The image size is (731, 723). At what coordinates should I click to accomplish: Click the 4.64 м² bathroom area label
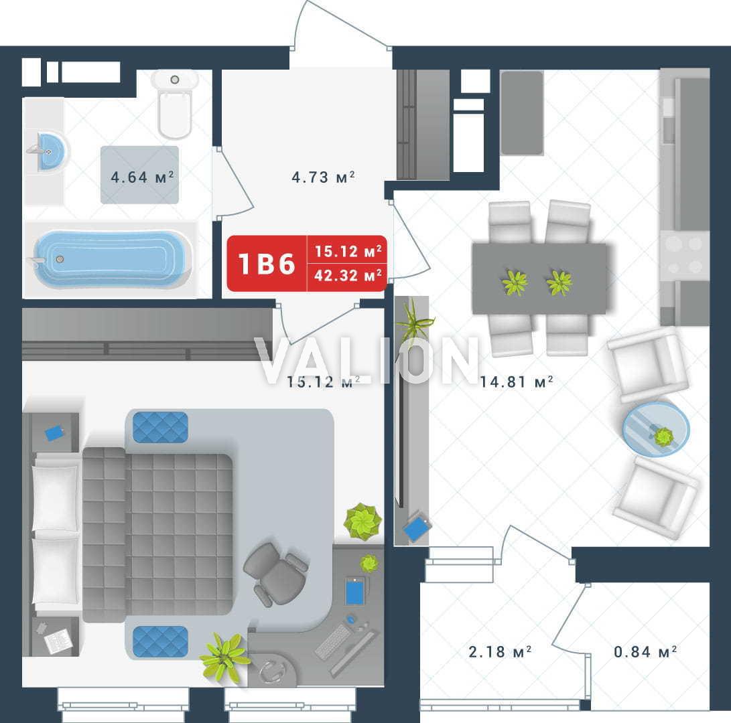[x=142, y=177]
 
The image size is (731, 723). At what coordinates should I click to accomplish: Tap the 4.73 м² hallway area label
[x=323, y=177]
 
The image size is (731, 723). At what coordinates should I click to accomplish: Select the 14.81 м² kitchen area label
[x=517, y=382]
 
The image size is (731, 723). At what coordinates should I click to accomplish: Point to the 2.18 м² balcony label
[x=500, y=651]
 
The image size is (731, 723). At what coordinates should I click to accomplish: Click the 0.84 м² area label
[x=645, y=651]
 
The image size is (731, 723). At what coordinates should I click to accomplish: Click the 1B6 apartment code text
[x=267, y=264]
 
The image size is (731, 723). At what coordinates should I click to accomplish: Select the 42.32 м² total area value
[x=348, y=275]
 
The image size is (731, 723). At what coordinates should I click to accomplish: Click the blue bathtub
[x=110, y=260]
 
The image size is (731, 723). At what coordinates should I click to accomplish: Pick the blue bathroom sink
[x=52, y=151]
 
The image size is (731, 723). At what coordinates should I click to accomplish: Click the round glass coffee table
[x=656, y=430]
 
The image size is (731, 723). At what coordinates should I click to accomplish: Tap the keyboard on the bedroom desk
[x=334, y=641]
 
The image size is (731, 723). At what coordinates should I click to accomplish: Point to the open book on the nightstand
[x=58, y=641]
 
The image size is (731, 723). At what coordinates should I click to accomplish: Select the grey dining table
[x=539, y=278]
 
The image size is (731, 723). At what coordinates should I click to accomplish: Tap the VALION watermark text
[x=367, y=360]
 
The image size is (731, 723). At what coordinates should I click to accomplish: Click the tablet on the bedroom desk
[x=355, y=590]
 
